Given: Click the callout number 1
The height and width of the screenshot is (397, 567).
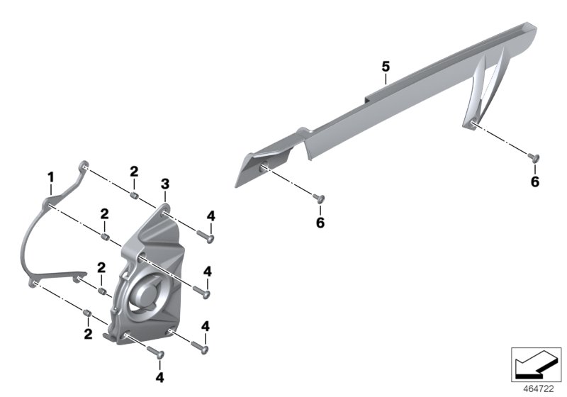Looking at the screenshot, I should click(x=50, y=175).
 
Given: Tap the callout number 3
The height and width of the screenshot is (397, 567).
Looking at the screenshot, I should click(x=164, y=184).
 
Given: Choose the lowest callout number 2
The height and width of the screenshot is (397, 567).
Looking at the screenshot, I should click(x=88, y=332).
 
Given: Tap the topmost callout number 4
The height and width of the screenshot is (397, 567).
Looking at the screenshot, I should click(x=210, y=216).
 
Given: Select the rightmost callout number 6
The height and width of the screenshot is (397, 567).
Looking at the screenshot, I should click(x=535, y=182).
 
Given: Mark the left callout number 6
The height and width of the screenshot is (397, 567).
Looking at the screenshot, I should click(x=320, y=223).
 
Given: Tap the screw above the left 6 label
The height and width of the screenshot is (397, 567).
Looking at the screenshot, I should click(x=319, y=198).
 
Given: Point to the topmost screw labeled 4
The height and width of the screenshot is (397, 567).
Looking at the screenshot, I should click(x=206, y=235).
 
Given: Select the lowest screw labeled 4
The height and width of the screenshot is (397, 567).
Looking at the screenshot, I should click(x=157, y=352).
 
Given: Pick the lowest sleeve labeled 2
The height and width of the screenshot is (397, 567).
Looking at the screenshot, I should click(x=88, y=313).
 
